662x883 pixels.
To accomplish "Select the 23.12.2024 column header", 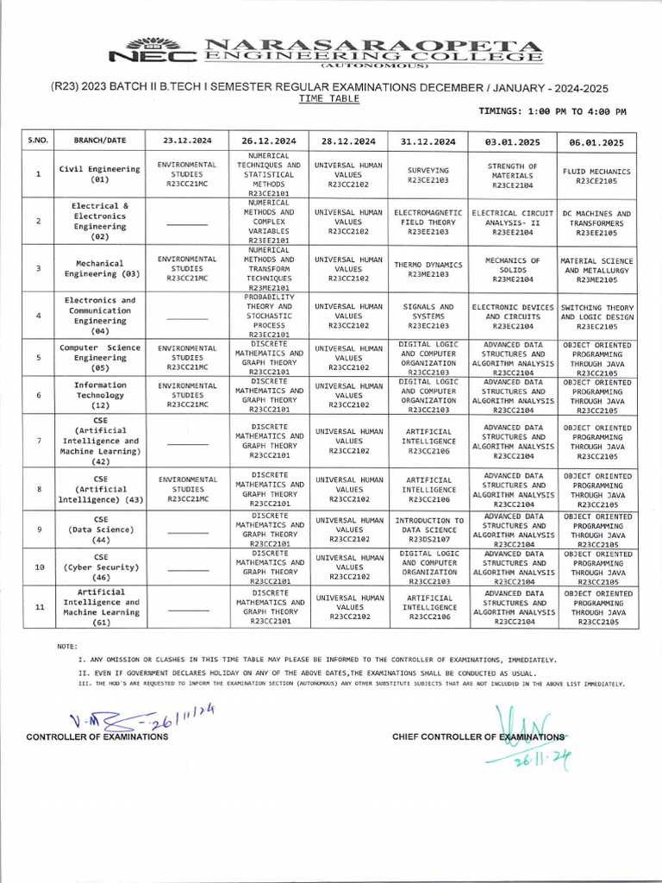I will tap(187, 141).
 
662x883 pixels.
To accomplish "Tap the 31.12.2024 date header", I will tap(428, 141).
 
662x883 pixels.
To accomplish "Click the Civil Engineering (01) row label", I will tap(100, 174).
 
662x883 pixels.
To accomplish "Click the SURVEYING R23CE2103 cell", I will tap(428, 175).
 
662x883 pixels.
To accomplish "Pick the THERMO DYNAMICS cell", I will tap(428, 268).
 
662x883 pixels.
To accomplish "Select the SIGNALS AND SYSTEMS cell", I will tap(428, 316).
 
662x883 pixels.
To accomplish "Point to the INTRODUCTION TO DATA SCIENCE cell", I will tap(428, 529).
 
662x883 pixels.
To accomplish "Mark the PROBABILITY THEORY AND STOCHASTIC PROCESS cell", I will tap(270, 316).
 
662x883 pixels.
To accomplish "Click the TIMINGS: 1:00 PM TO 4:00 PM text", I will tap(552, 112).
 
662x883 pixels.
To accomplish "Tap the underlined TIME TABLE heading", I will tap(329, 99).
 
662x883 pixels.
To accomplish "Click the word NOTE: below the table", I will tap(66, 646).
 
